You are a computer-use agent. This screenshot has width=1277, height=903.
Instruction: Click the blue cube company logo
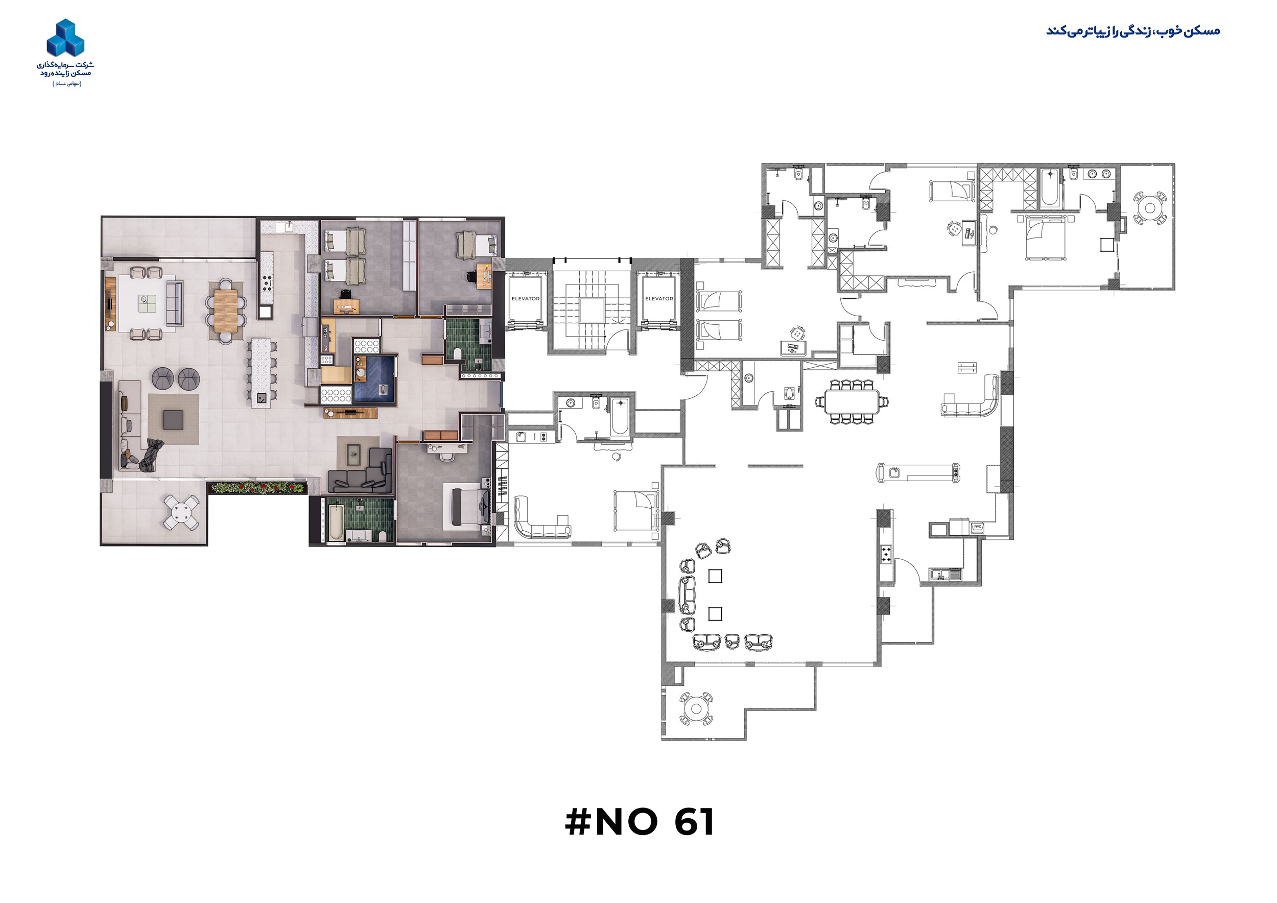click(x=65, y=38)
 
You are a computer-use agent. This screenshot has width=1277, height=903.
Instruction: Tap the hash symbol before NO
click(x=578, y=822)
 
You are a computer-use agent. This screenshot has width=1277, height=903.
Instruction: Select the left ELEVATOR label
click(x=525, y=299)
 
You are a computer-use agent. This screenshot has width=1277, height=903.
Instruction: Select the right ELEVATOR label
click(x=658, y=299)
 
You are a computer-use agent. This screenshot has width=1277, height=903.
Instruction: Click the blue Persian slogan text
click(x=1133, y=31)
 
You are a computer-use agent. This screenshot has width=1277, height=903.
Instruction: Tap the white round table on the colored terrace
click(x=182, y=512)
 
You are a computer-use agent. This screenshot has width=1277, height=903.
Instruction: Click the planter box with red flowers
click(x=258, y=488)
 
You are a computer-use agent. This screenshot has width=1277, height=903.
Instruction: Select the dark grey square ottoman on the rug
click(x=173, y=420)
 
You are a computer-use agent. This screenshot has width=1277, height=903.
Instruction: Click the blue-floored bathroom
click(x=374, y=378)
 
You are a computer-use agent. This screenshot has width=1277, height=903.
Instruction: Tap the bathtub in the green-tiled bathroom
click(x=336, y=522)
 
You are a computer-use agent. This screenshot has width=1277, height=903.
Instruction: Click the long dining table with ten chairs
click(x=852, y=401)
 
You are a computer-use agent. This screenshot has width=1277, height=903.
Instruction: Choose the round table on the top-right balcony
click(x=1150, y=208)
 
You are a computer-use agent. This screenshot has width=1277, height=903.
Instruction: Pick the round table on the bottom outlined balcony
click(x=696, y=708)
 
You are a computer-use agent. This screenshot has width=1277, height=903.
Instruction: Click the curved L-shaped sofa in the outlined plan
click(x=971, y=397)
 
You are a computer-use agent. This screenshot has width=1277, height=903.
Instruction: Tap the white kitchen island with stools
click(x=261, y=373)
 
